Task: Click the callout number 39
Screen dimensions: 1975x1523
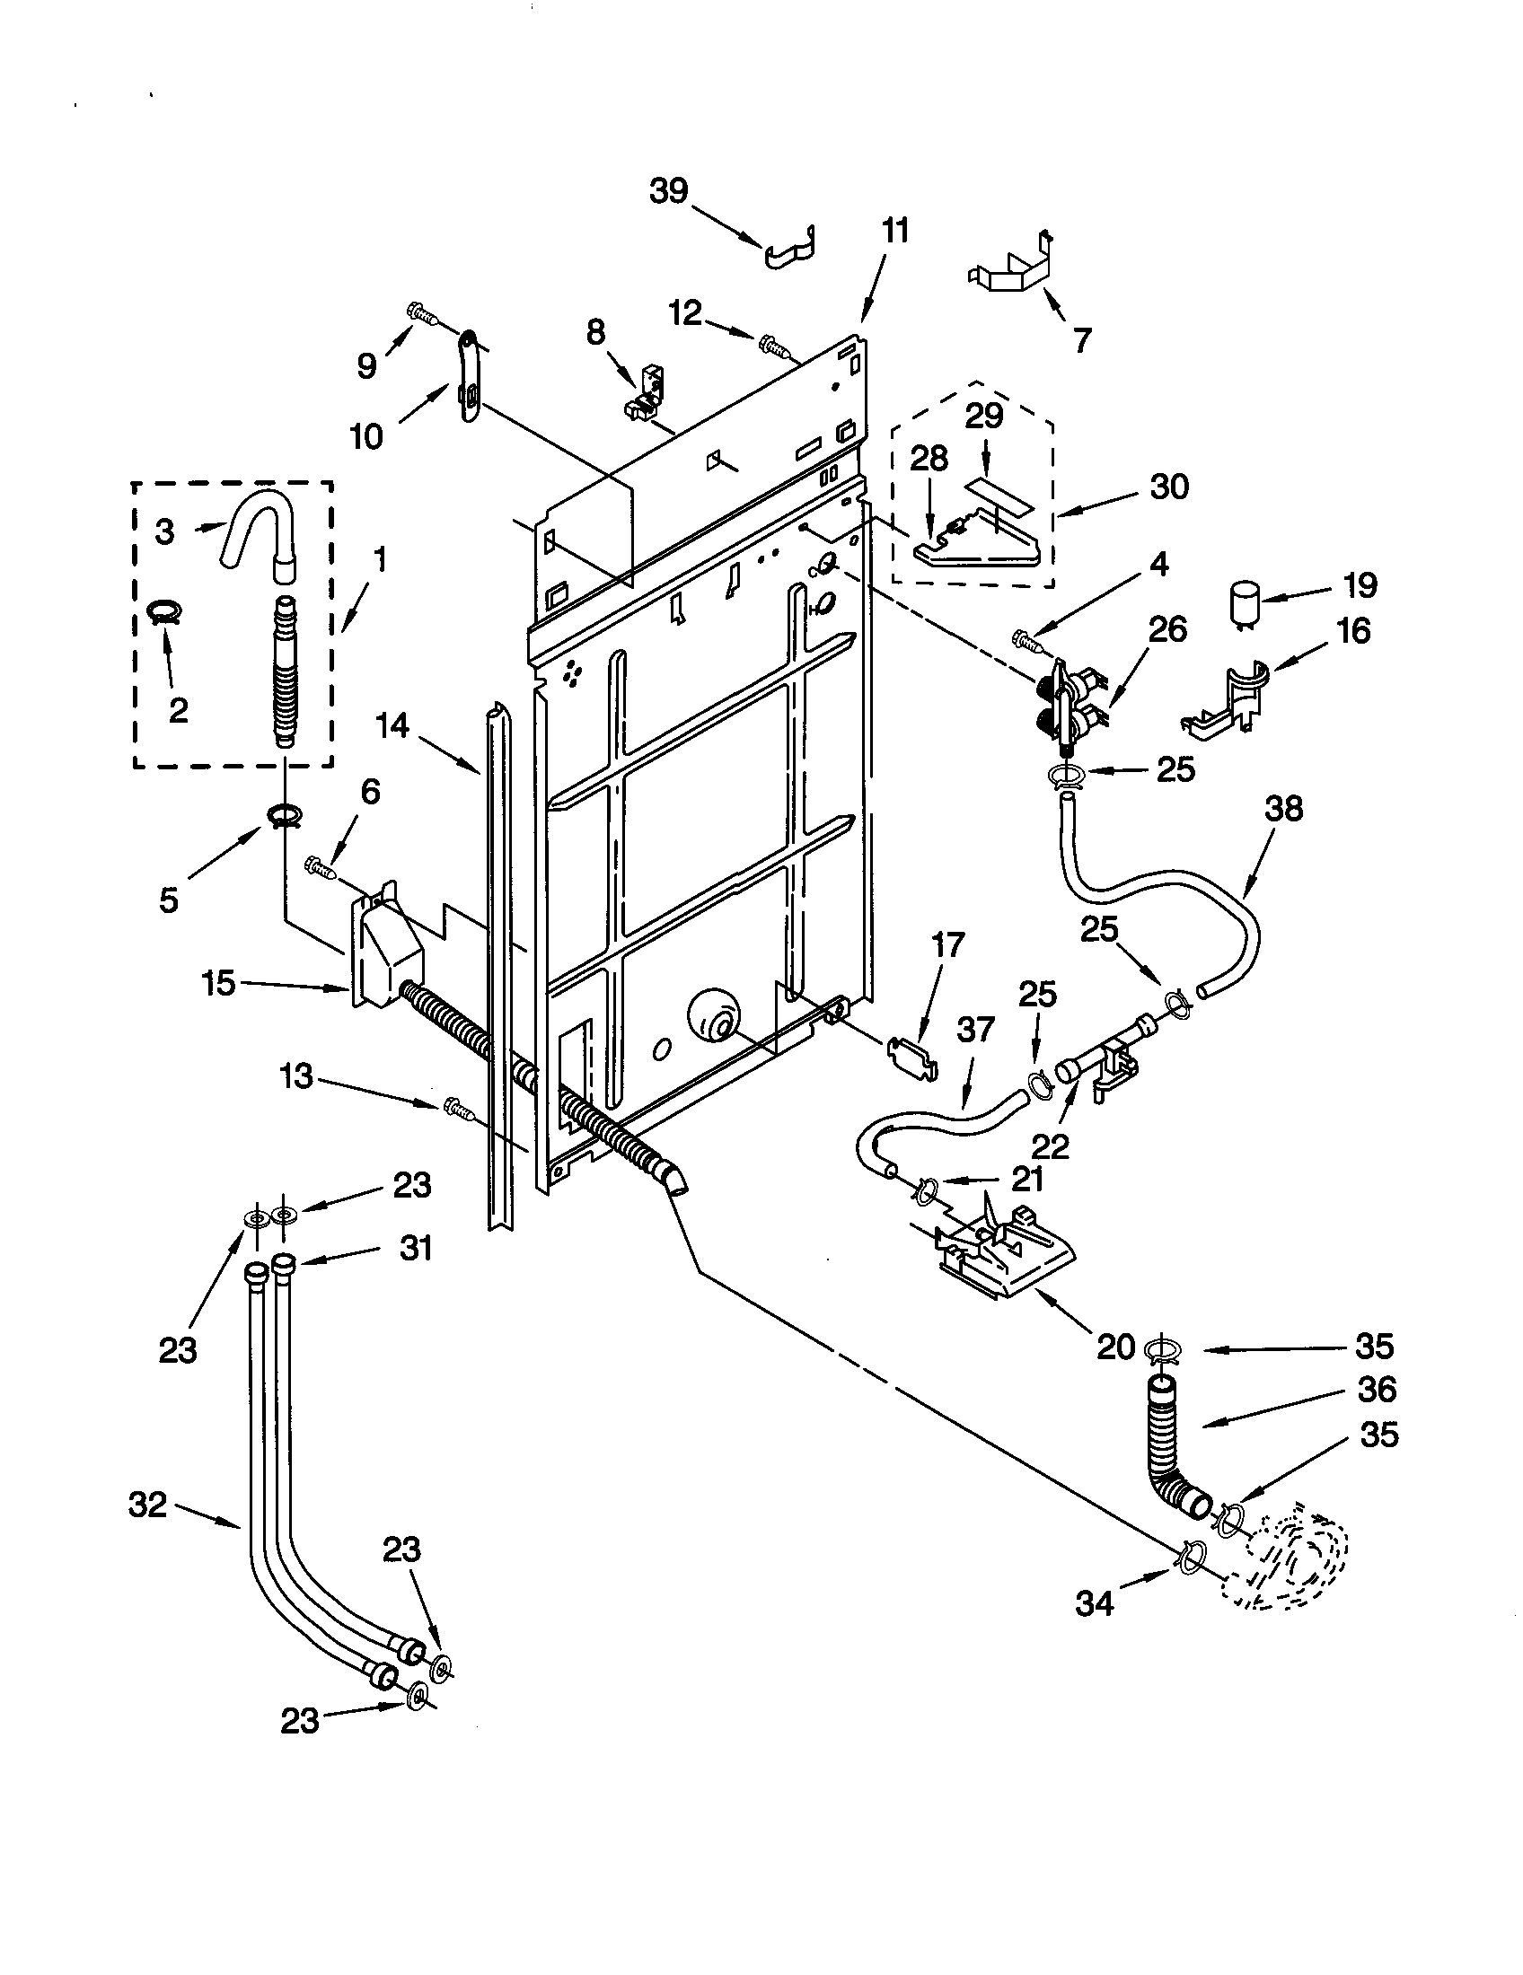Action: pyautogui.click(x=669, y=191)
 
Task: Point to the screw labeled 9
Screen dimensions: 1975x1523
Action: pyautogui.click(x=422, y=314)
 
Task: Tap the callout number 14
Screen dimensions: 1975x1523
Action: pyautogui.click(x=392, y=726)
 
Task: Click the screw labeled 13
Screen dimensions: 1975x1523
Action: pyautogui.click(x=459, y=1108)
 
